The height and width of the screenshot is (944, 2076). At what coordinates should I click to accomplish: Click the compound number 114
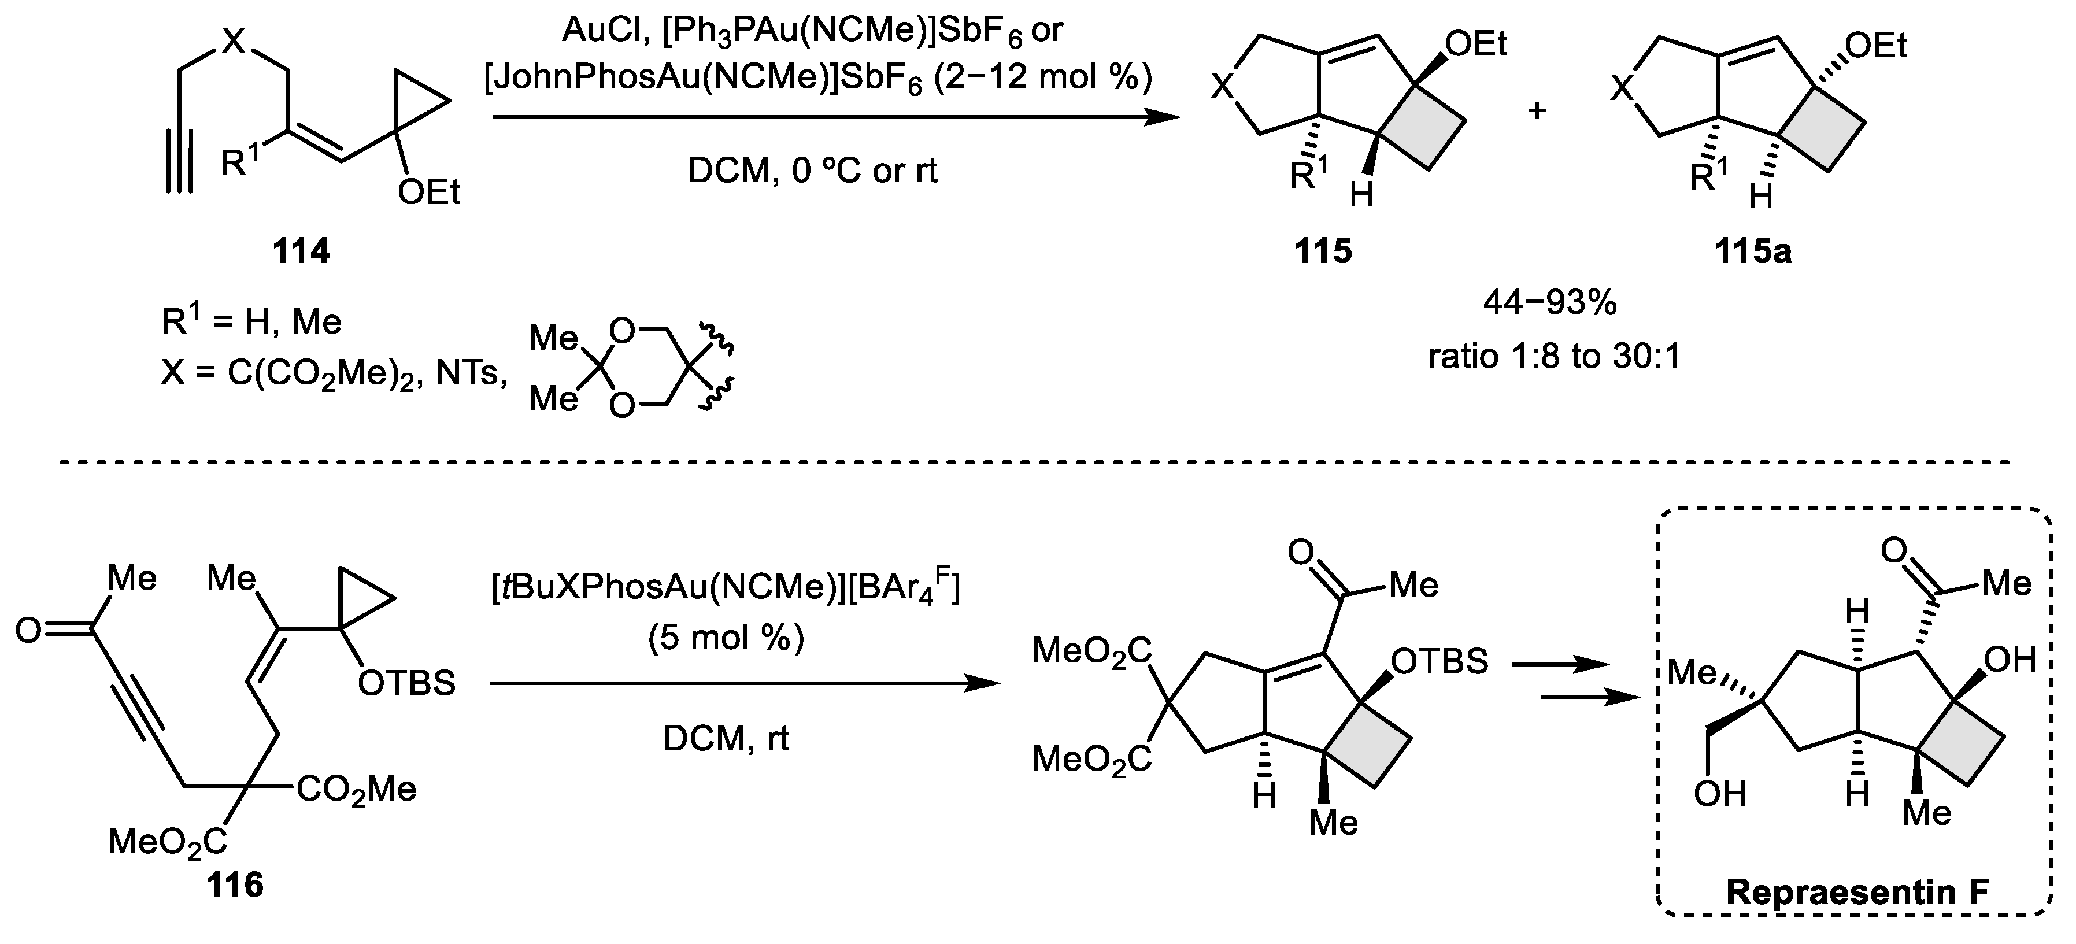pyautogui.click(x=301, y=252)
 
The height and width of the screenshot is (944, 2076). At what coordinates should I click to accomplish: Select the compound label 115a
pyautogui.click(x=1753, y=252)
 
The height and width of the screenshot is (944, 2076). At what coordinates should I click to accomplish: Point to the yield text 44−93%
pyautogui.click(x=1550, y=304)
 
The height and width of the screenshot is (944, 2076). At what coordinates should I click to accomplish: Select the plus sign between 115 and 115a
pyautogui.click(x=1537, y=110)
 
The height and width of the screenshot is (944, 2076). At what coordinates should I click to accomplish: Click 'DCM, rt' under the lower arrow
pyautogui.click(x=726, y=738)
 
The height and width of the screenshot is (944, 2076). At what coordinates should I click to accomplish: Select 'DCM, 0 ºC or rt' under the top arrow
pyautogui.click(x=812, y=172)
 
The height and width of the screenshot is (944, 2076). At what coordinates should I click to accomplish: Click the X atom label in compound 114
pyautogui.click(x=233, y=40)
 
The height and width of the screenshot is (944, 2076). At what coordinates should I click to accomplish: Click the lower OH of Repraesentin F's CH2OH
pyautogui.click(x=1720, y=794)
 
